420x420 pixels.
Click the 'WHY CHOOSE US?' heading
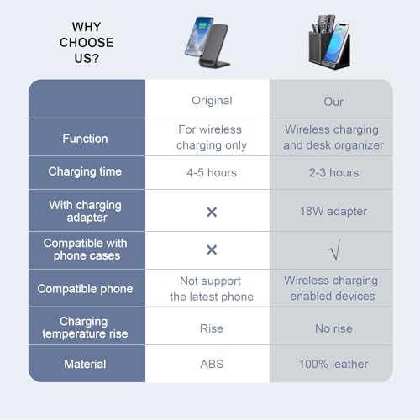[x=87, y=43]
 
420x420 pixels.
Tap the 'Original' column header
[x=212, y=101]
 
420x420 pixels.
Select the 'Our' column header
[x=333, y=102]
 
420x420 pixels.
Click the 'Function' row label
[x=85, y=139]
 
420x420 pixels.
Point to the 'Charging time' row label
[x=85, y=171]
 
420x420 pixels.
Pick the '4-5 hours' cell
[x=212, y=173]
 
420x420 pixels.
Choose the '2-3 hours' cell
[x=333, y=173]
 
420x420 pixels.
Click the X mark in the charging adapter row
[x=212, y=212]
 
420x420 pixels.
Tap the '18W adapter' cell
[x=333, y=212]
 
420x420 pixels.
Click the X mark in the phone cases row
[x=212, y=249]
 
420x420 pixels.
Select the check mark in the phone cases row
[x=335, y=249]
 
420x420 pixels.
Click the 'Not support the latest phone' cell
[x=212, y=289]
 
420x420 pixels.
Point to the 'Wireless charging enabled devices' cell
[x=332, y=288]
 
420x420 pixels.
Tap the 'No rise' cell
[x=333, y=328]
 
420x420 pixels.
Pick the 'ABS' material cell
[x=212, y=364]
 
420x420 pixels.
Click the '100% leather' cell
[x=333, y=364]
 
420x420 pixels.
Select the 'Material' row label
[x=85, y=364]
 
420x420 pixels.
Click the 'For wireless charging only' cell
[x=212, y=138]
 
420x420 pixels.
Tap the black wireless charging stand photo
[x=207, y=42]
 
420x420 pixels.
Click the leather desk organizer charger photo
[x=330, y=41]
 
